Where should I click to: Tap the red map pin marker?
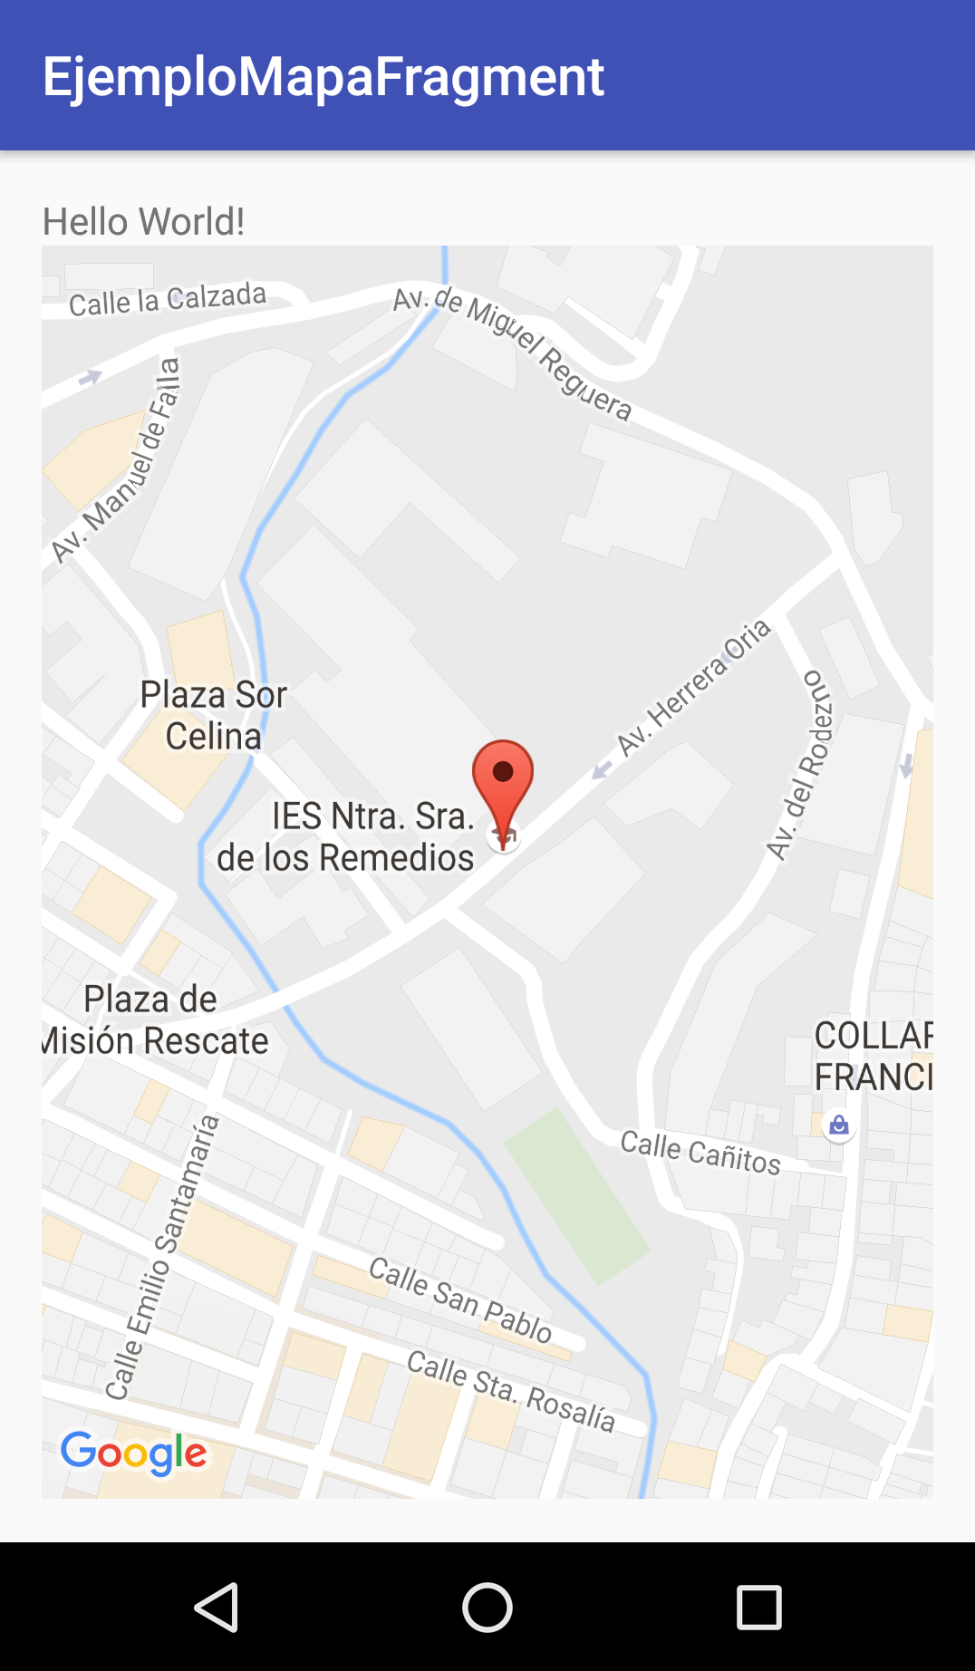click(x=503, y=780)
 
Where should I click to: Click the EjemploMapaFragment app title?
click(x=323, y=76)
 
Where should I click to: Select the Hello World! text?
click(x=143, y=221)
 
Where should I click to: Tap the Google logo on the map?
click(x=133, y=1453)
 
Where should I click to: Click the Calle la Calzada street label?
click(x=168, y=300)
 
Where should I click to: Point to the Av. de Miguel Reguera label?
click(x=512, y=353)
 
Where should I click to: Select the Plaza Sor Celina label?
click(x=214, y=716)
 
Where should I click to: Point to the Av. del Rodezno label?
click(x=798, y=765)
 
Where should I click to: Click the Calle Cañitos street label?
click(x=700, y=1153)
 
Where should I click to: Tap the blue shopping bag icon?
click(x=839, y=1125)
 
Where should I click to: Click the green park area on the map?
click(x=576, y=1196)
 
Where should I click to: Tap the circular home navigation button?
click(x=487, y=1608)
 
